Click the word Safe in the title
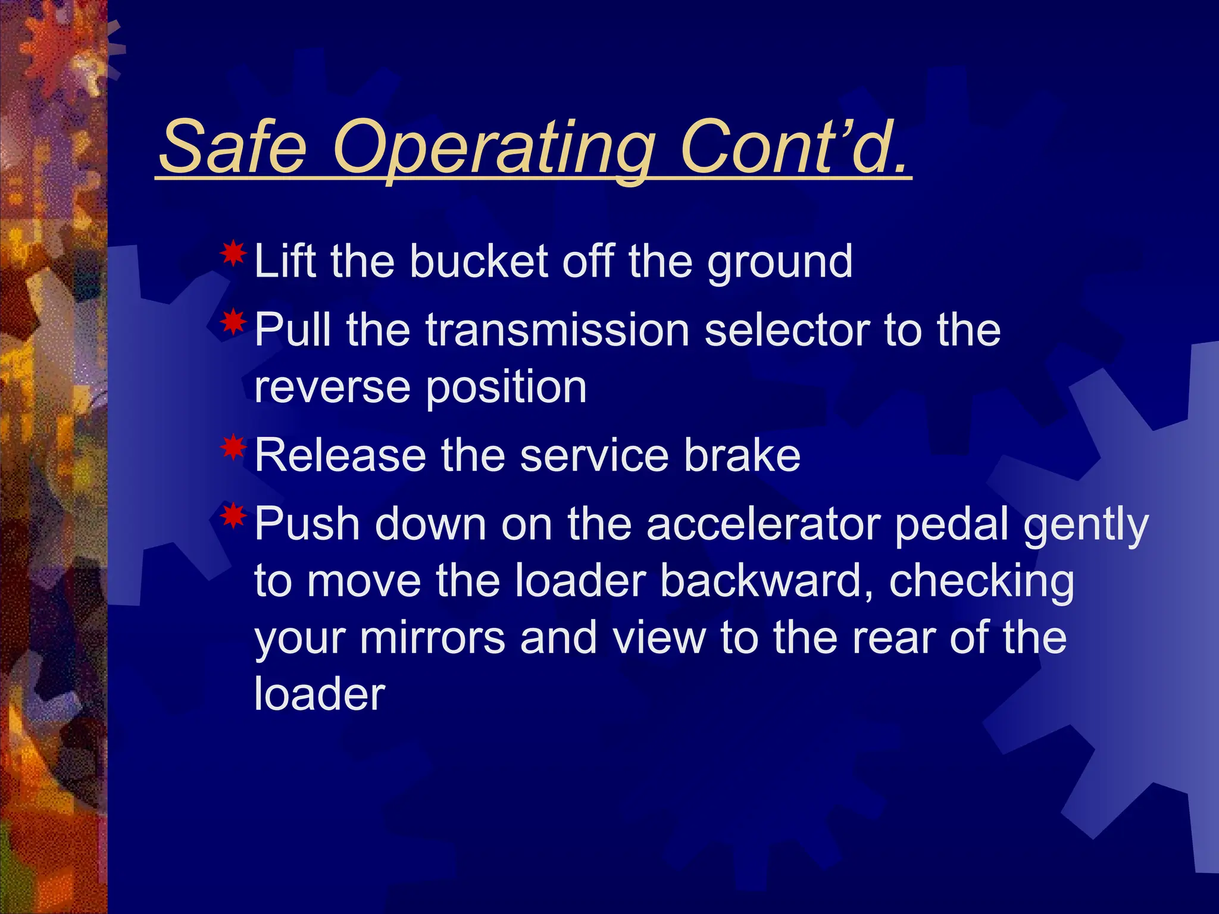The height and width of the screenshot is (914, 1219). [233, 147]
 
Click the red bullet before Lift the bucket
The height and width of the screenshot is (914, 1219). [233, 255]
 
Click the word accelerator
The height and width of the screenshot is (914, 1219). [764, 524]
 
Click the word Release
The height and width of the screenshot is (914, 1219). [340, 455]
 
